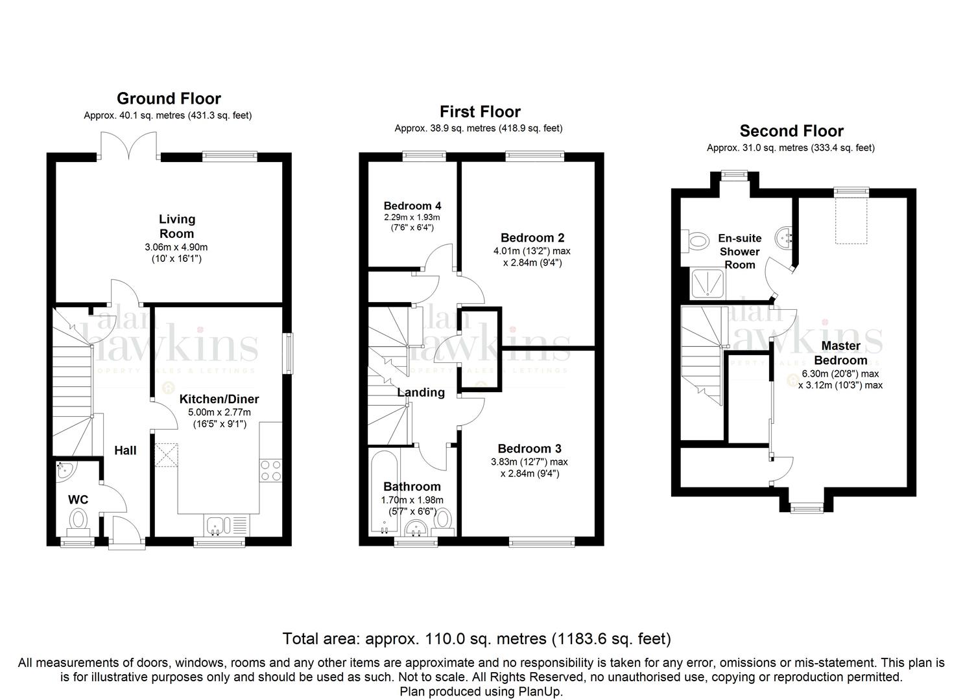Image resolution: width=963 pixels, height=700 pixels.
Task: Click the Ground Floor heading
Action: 169,99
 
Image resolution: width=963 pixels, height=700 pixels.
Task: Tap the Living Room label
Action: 176,226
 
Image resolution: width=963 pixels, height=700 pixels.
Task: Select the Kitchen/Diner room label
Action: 219,399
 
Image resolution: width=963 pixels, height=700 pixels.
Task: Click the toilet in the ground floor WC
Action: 78,522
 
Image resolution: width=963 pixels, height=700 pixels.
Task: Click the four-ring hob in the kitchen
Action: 271,471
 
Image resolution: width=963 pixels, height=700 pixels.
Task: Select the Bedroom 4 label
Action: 412,206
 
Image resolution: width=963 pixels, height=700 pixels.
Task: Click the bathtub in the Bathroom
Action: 384,491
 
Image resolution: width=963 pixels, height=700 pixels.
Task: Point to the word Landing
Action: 421,392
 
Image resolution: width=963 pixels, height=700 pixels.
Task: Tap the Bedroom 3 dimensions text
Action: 529,468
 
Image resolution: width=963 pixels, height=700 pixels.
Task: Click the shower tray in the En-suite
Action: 707,284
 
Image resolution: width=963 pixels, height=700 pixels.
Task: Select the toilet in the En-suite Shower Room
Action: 695,240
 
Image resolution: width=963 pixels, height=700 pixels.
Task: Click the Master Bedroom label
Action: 840,353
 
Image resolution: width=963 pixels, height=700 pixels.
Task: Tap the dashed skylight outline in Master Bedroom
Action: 851,220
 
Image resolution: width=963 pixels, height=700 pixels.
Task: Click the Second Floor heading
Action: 791,131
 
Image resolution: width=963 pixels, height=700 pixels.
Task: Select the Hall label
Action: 125,450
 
